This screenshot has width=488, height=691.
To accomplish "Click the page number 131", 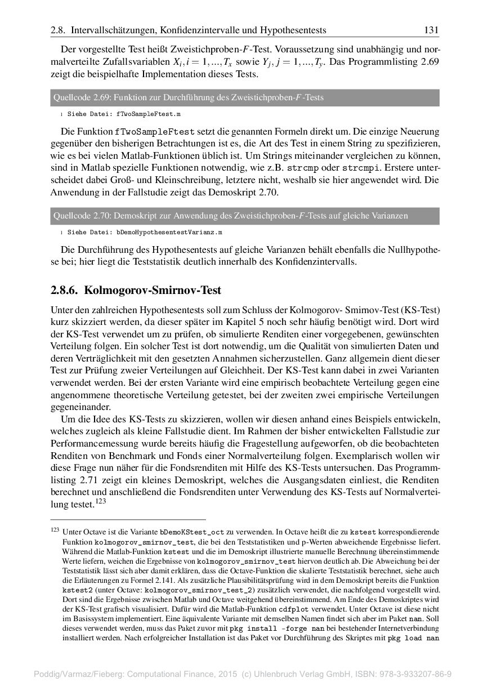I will pyautogui.click(x=431, y=30).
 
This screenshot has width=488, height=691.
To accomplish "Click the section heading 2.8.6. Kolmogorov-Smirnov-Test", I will pyautogui.click(x=136, y=291).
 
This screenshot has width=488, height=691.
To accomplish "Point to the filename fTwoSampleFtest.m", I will pyautogui.click(x=149, y=114).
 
